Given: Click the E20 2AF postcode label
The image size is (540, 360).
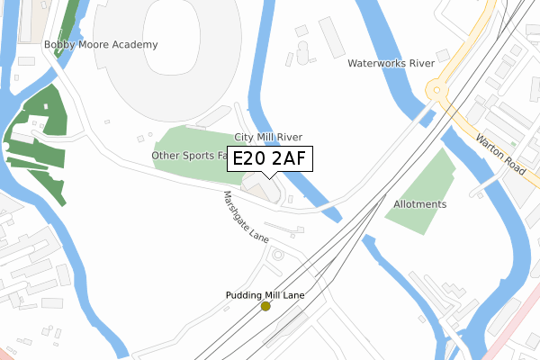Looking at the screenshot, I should pyautogui.click(x=268, y=159).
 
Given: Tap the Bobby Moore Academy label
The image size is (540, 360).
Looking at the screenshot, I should pyautogui.click(x=101, y=44).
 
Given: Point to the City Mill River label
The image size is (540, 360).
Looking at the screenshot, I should pyautogui.click(x=268, y=137).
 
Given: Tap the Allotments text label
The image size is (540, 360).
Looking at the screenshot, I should pyautogui.click(x=419, y=204).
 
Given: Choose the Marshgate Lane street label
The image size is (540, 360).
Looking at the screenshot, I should pyautogui.click(x=247, y=216).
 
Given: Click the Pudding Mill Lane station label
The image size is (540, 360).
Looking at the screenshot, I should pyautogui.click(x=265, y=295).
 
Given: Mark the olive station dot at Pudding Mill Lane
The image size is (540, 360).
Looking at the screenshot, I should pyautogui.click(x=265, y=307).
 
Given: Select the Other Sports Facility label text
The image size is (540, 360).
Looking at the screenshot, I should pyautogui.click(x=190, y=155).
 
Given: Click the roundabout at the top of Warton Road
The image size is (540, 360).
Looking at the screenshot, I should pyautogui.click(x=437, y=91).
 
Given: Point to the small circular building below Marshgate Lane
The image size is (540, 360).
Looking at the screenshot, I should pyautogui.click(x=277, y=256).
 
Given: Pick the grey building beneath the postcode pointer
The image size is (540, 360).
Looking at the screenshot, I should pyautogui.click(x=263, y=190).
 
